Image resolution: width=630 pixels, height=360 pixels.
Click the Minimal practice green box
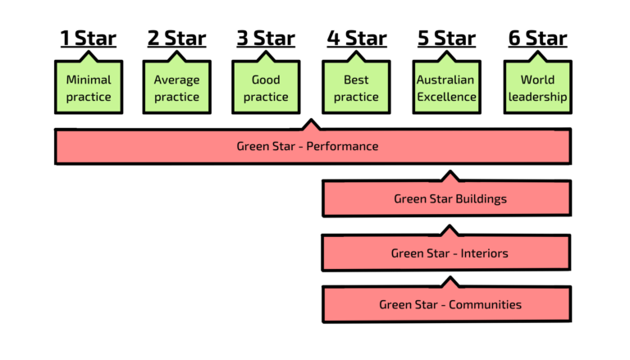89,88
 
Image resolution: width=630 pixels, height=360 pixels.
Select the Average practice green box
176,88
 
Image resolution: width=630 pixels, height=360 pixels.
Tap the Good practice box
266,88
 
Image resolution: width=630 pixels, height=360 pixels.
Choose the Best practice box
356,88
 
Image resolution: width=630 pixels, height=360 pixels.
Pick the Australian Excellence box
445,88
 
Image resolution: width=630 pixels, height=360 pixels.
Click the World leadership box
537,88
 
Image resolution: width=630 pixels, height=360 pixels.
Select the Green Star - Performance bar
312,147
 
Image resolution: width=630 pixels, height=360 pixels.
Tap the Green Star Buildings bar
447,198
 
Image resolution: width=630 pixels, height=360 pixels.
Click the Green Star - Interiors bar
447,253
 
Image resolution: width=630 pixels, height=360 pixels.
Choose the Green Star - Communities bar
447,304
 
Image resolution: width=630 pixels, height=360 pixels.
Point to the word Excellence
445,97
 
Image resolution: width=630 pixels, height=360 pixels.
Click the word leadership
537,97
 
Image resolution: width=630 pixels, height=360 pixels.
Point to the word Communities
484,304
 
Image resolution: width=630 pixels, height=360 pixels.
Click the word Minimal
89,80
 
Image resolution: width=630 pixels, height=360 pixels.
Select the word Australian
445,80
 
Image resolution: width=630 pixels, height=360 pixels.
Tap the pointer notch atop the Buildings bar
449,176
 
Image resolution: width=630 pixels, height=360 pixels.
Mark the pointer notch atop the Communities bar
449,284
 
